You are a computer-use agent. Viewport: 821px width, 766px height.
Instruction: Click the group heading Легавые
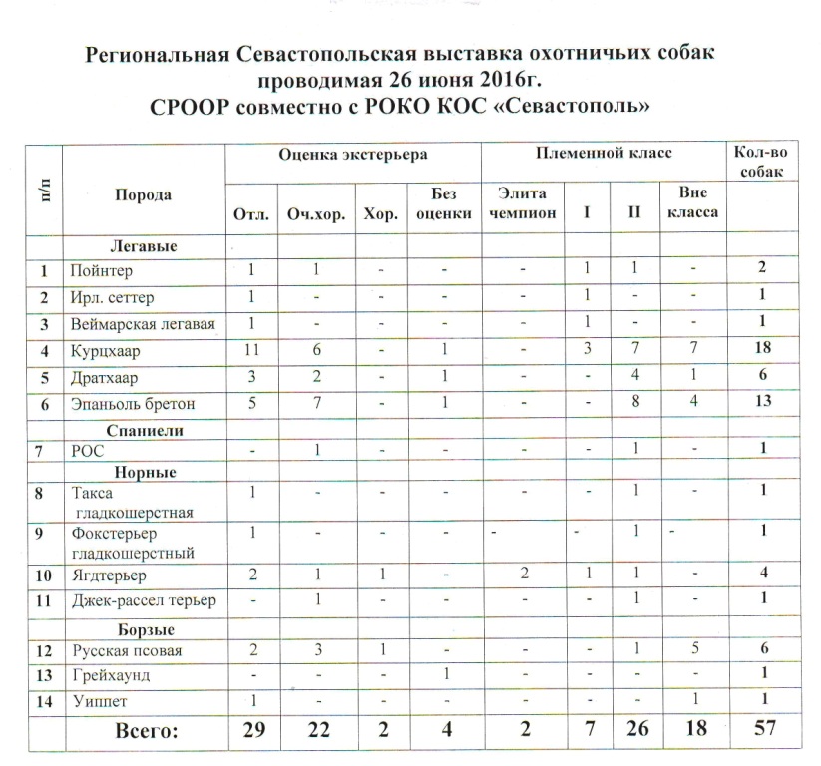click(144, 245)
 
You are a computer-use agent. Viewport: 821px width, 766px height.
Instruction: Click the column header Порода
click(142, 195)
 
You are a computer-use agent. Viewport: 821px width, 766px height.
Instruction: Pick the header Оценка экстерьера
click(353, 155)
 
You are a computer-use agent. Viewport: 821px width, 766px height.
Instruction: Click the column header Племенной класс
click(603, 155)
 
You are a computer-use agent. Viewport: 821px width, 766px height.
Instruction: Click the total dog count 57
click(763, 730)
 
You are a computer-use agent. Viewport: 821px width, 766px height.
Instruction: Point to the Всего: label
click(147, 731)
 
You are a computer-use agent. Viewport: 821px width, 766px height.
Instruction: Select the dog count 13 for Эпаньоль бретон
click(763, 405)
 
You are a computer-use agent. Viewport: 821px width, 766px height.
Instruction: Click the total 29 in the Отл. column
click(253, 730)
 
